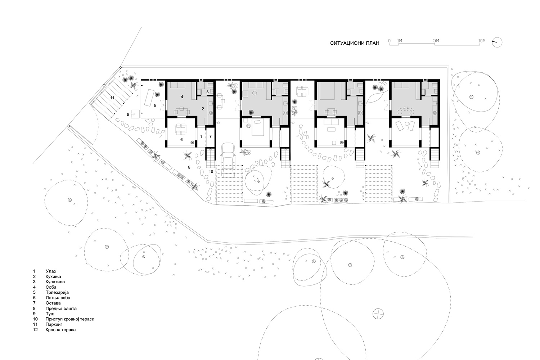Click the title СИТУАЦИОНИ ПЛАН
(355, 43)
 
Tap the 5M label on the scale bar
(436, 41)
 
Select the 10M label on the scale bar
(482, 41)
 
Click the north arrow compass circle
(497, 42)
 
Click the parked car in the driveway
(227, 160)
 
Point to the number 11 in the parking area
(112, 98)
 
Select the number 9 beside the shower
(128, 114)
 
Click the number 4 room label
(182, 96)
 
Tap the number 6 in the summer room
(181, 139)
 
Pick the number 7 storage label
(211, 136)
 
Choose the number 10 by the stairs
(211, 172)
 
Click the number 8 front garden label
(189, 167)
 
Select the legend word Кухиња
(53, 276)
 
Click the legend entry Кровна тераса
(60, 330)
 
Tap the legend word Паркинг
(54, 324)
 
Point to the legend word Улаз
(51, 271)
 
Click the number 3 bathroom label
(207, 92)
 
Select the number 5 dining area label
(155, 105)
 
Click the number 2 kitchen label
(203, 109)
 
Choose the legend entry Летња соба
(58, 298)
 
